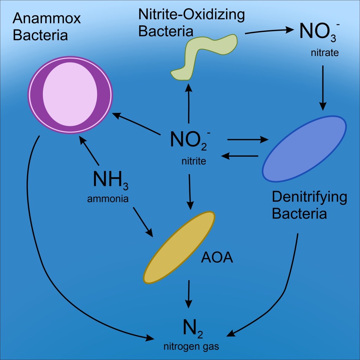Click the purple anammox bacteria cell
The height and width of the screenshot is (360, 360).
coord(70,95)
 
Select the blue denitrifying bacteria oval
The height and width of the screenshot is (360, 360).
coord(304,148)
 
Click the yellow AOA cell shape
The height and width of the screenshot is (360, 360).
coord(179,247)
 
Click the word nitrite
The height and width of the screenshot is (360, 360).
coord(193,161)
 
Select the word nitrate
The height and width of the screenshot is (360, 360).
coord(324,53)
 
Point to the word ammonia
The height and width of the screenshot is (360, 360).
coord(108,199)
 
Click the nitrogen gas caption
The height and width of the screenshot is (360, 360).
coord(191,346)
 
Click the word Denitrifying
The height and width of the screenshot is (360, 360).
coord(309,197)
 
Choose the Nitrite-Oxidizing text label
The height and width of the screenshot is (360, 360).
coord(191,14)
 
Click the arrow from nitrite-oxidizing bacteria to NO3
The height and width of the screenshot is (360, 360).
coord(269,31)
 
